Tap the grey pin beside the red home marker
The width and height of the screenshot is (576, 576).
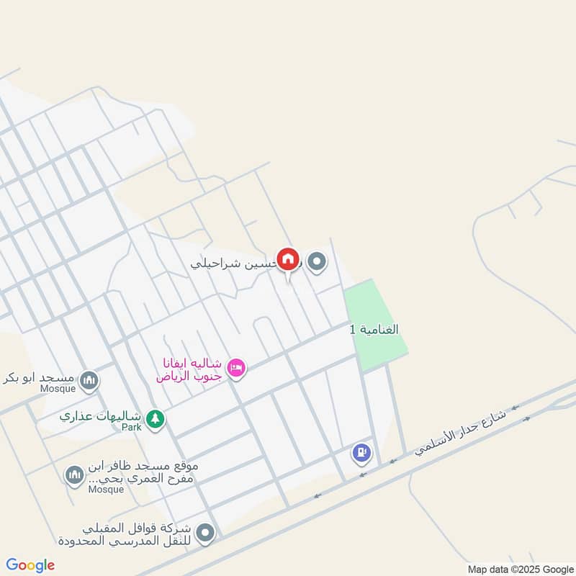(x=317, y=262)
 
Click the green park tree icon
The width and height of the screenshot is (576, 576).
(x=154, y=418)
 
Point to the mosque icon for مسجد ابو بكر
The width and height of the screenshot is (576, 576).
(x=89, y=379)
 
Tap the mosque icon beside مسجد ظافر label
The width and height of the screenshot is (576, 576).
(x=73, y=474)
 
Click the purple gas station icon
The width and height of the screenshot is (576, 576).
(x=361, y=453)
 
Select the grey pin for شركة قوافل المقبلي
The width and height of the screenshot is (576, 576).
(x=206, y=533)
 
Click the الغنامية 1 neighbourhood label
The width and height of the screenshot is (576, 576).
(x=374, y=329)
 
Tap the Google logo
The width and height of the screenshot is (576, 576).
(x=30, y=565)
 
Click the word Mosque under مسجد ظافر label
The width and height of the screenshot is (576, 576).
(x=107, y=490)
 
